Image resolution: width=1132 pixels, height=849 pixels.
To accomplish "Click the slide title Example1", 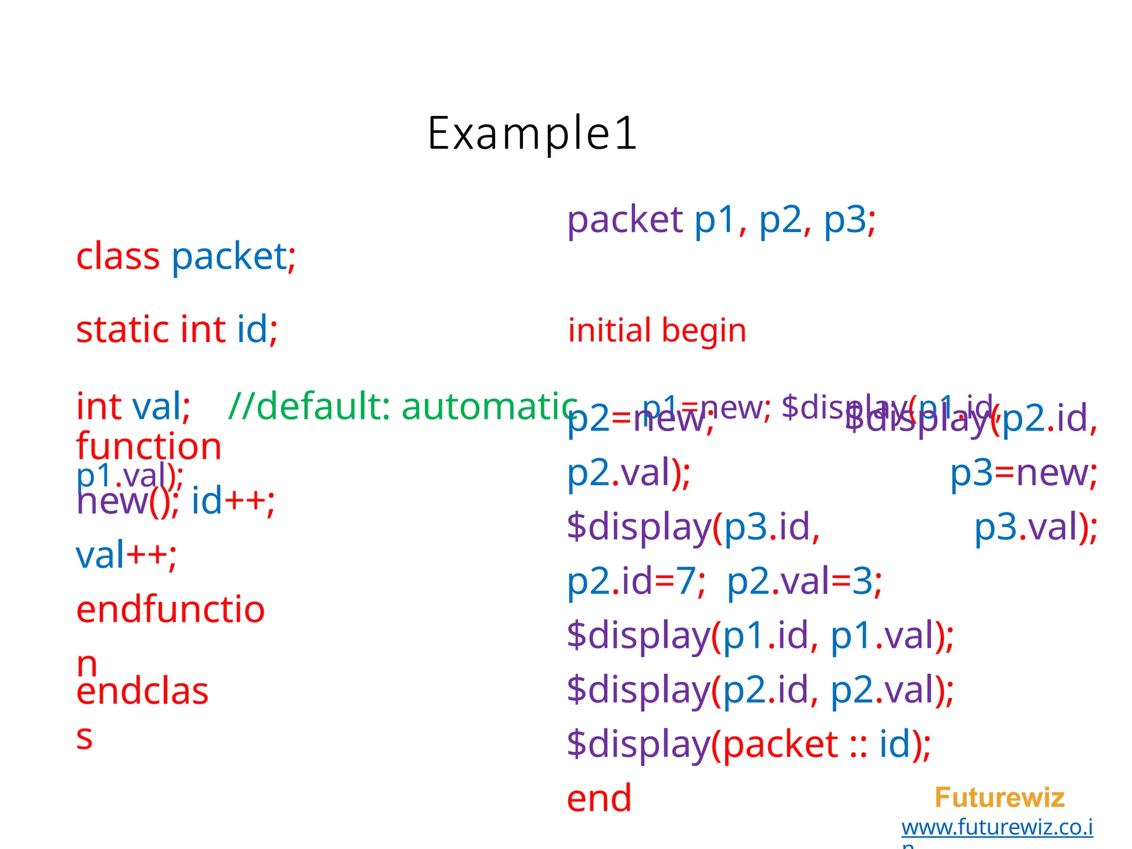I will tap(532, 133).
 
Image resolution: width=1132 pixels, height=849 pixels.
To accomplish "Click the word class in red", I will tap(118, 257).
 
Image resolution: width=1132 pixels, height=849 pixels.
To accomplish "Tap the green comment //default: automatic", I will tap(402, 407).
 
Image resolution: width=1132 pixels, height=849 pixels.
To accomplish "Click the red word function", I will tap(149, 447).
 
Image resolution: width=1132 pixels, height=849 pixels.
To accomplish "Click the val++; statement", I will tap(126, 555).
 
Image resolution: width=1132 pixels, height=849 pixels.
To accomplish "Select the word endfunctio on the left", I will tap(170, 610).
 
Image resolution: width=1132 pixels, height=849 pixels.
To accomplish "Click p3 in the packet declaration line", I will tap(845, 220).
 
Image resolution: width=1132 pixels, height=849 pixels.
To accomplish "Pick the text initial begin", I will tap(657, 331).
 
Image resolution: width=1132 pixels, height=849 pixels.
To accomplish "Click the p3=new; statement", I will tap(1023, 474).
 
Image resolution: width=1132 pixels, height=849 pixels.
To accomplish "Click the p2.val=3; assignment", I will tap(804, 582).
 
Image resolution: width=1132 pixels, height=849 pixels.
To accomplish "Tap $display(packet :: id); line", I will tap(748, 745).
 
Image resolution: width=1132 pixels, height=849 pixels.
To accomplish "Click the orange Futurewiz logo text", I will tap(999, 798).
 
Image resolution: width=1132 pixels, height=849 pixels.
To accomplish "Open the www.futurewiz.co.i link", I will tap(997, 827).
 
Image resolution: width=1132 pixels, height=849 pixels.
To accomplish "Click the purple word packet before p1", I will tap(625, 220).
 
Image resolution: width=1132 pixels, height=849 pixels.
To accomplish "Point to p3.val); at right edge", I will tap(1035, 527).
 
